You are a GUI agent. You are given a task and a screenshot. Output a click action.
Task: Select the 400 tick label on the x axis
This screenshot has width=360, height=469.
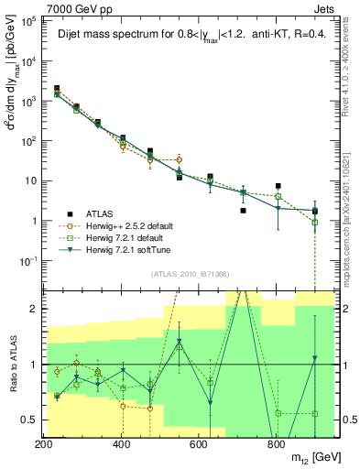[122, 444]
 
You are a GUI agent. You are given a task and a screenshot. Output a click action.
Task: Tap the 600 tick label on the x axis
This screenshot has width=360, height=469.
[199, 444]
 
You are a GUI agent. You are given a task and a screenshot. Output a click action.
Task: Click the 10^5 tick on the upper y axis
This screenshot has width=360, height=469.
[27, 21]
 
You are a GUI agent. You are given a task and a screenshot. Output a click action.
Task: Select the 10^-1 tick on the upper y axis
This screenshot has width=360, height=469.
[27, 260]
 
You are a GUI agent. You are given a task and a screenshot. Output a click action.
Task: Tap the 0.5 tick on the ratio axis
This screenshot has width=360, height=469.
[27, 420]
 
